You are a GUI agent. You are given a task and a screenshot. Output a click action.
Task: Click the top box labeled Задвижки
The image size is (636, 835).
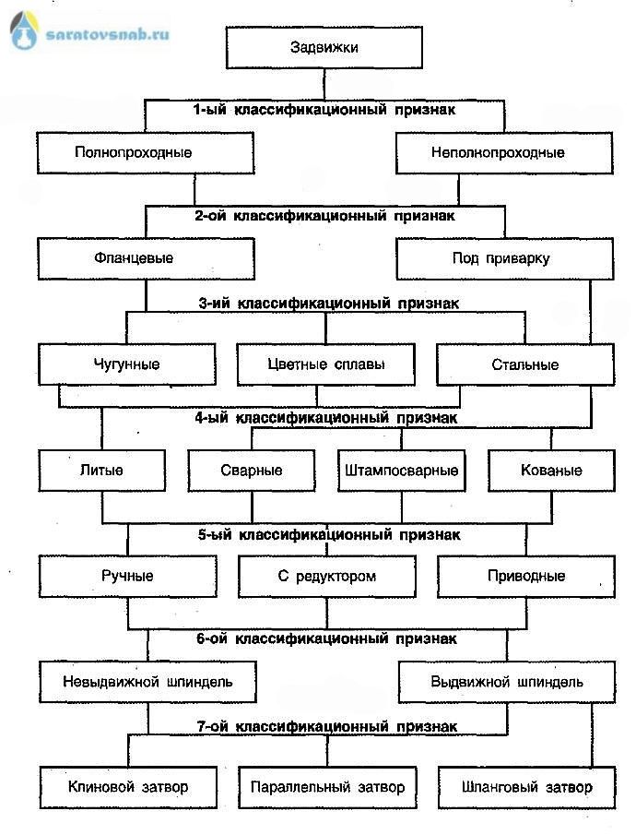point(324,47)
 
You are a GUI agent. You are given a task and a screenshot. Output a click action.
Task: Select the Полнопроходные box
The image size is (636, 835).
point(133,152)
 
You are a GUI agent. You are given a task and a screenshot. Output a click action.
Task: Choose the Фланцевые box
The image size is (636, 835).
point(133,257)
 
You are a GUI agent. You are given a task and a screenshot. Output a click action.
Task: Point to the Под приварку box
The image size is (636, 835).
point(504,258)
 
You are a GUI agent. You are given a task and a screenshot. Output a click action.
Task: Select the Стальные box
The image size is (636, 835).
point(524,364)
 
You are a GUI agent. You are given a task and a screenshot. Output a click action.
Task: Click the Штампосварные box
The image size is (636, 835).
point(401,470)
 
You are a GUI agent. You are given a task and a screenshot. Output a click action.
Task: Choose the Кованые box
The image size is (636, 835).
point(550,470)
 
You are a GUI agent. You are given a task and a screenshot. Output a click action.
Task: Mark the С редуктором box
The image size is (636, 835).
point(327,576)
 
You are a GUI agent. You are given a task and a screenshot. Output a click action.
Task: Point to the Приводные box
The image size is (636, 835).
point(525,576)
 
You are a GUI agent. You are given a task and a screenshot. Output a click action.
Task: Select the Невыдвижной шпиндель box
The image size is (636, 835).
point(147,682)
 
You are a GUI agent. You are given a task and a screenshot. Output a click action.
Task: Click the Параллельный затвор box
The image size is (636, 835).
point(327,787)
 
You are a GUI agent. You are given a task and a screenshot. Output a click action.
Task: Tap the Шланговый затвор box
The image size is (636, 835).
point(525,787)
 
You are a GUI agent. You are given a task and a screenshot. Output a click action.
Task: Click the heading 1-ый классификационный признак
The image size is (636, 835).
point(324,109)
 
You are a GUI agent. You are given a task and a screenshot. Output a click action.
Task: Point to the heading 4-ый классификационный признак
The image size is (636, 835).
point(324,417)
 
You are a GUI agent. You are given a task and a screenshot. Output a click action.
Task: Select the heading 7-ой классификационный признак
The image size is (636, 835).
point(324,727)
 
